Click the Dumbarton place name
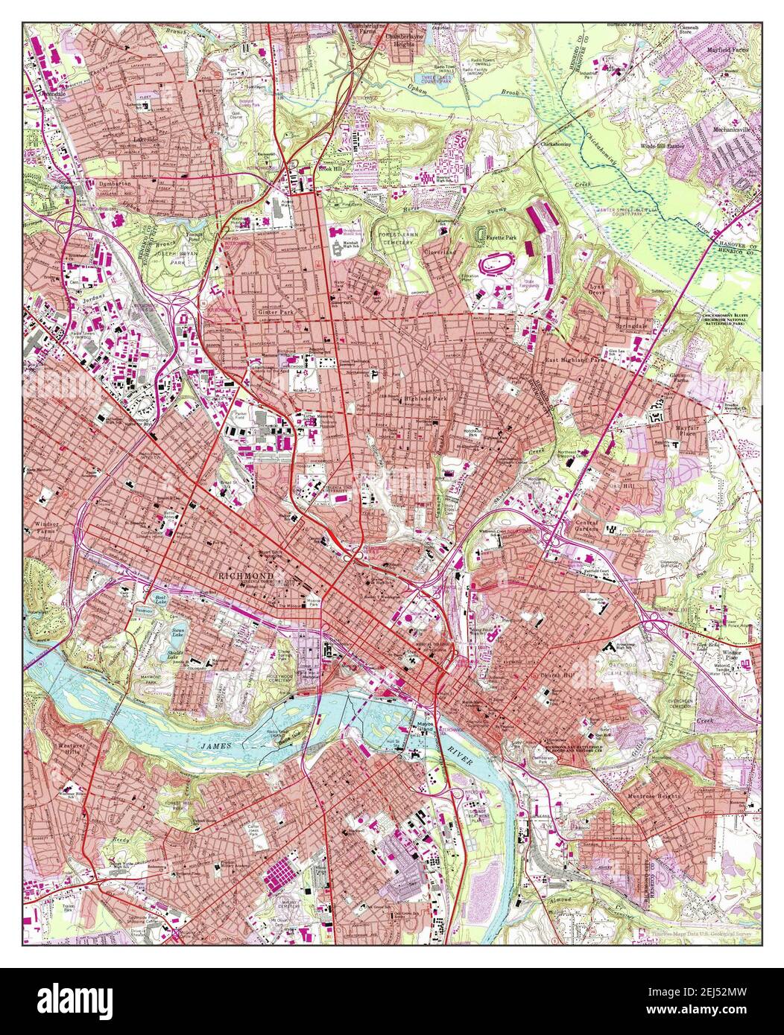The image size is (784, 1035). [x=114, y=183]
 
